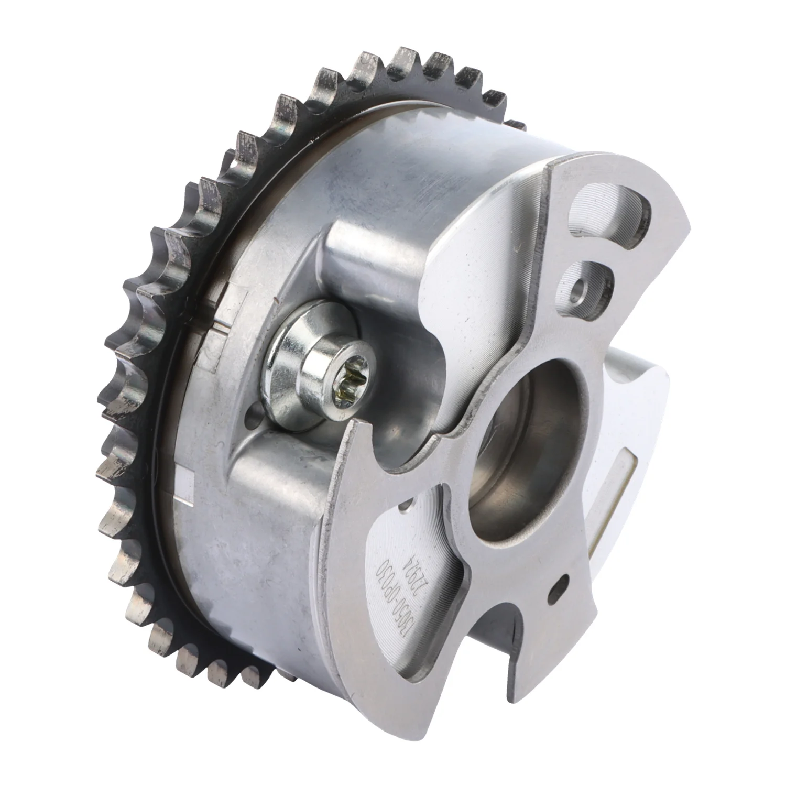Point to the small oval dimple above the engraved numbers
pos(406,507)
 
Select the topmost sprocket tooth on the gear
pos(406,58)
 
